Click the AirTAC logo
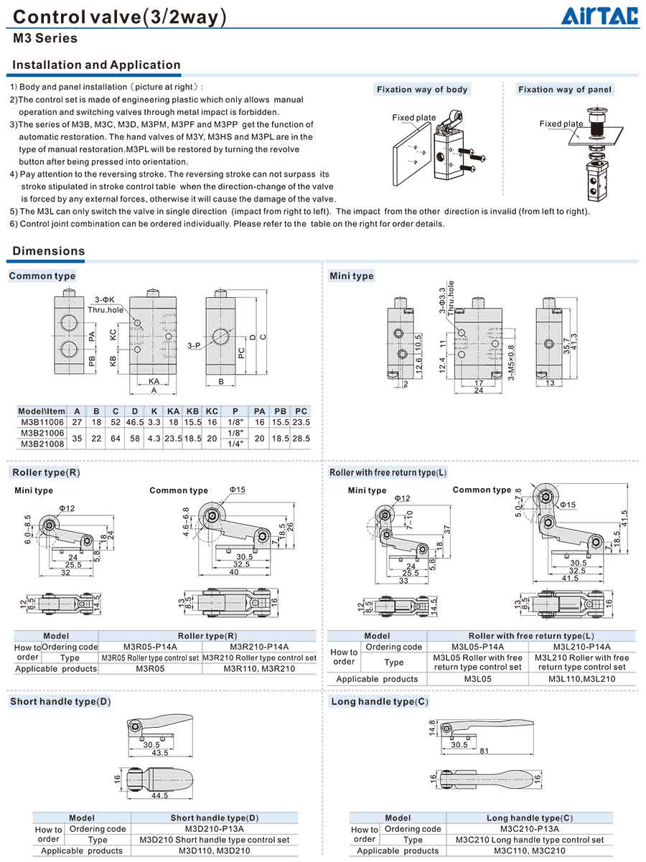(599, 15)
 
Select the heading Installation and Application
(96, 65)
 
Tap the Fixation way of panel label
(565, 90)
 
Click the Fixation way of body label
(422, 90)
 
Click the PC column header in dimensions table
(301, 412)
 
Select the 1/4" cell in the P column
(235, 444)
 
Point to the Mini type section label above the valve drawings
(351, 276)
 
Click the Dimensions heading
(49, 251)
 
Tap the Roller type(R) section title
(46, 472)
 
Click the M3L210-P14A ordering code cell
(583, 647)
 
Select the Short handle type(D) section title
(60, 702)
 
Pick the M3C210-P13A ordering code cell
(530, 829)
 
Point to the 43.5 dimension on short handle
(159, 753)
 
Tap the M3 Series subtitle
(45, 39)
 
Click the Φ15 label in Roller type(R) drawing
(237, 490)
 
